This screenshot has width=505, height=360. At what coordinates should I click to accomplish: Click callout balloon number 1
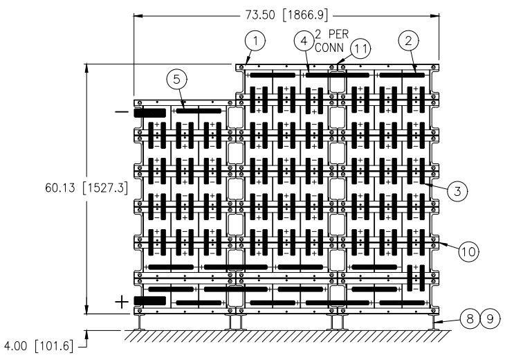click(255, 42)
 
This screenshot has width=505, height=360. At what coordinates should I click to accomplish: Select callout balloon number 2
click(409, 41)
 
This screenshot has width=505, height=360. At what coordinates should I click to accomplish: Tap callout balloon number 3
click(457, 192)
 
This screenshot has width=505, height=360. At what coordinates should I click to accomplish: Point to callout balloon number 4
click(304, 42)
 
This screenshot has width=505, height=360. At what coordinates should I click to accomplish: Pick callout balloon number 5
click(177, 80)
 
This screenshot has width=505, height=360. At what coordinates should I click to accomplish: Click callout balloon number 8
click(470, 319)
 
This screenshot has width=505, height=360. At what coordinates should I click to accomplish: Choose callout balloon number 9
click(490, 319)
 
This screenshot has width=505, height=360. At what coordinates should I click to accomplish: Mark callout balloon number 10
click(468, 251)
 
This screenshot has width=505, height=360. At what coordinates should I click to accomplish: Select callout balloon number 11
click(360, 48)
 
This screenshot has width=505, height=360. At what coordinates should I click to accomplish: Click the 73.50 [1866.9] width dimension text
click(286, 15)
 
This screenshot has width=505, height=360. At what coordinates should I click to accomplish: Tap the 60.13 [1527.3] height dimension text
click(86, 188)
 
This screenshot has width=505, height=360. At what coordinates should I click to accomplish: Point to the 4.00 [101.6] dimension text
click(37, 346)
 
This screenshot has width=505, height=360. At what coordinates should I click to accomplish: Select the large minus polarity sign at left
click(122, 112)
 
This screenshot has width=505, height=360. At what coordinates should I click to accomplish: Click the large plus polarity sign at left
click(122, 302)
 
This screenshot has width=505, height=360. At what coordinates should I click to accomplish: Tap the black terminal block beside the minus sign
click(149, 113)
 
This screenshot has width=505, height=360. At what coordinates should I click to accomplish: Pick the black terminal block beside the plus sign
click(149, 301)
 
